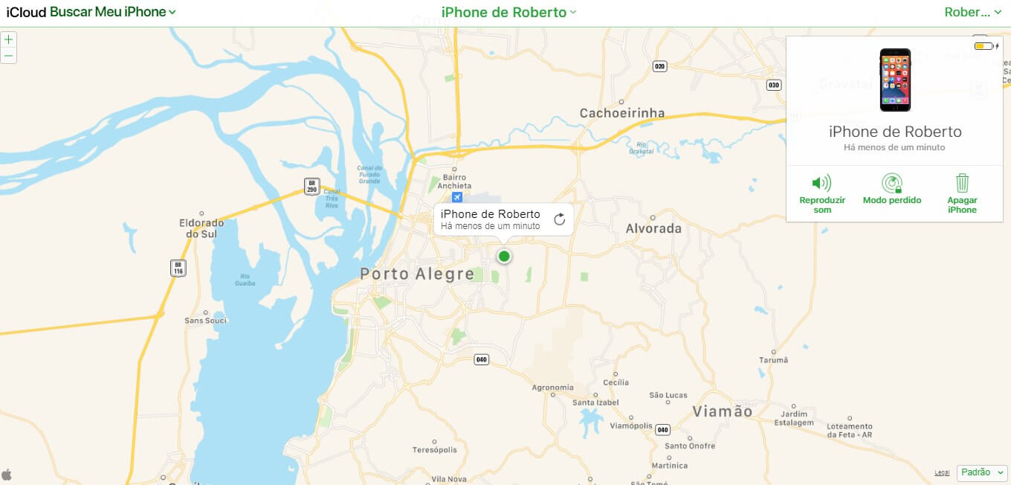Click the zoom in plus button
pyautogui.click(x=8, y=39)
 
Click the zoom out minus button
pyautogui.click(x=8, y=56)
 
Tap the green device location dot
pyautogui.click(x=504, y=257)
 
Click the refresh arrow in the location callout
pyautogui.click(x=560, y=219)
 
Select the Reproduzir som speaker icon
pyautogui.click(x=821, y=183)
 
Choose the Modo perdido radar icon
pyautogui.click(x=891, y=183)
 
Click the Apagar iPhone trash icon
pyautogui.click(x=962, y=183)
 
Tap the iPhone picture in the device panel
pyautogui.click(x=895, y=80)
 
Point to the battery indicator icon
pyautogui.click(x=983, y=46)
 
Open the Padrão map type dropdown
pyautogui.click(x=982, y=472)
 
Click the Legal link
pyautogui.click(x=942, y=472)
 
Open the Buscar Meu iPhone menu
pyautogui.click(x=113, y=12)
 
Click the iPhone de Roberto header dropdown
pyautogui.click(x=508, y=12)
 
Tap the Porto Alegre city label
pyautogui.click(x=417, y=274)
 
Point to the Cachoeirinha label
pyautogui.click(x=622, y=113)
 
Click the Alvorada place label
pyautogui.click(x=653, y=228)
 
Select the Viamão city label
pyautogui.click(x=722, y=411)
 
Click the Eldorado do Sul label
pyautogui.click(x=201, y=228)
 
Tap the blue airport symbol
pyautogui.click(x=456, y=197)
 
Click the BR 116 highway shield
pyautogui.click(x=178, y=268)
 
